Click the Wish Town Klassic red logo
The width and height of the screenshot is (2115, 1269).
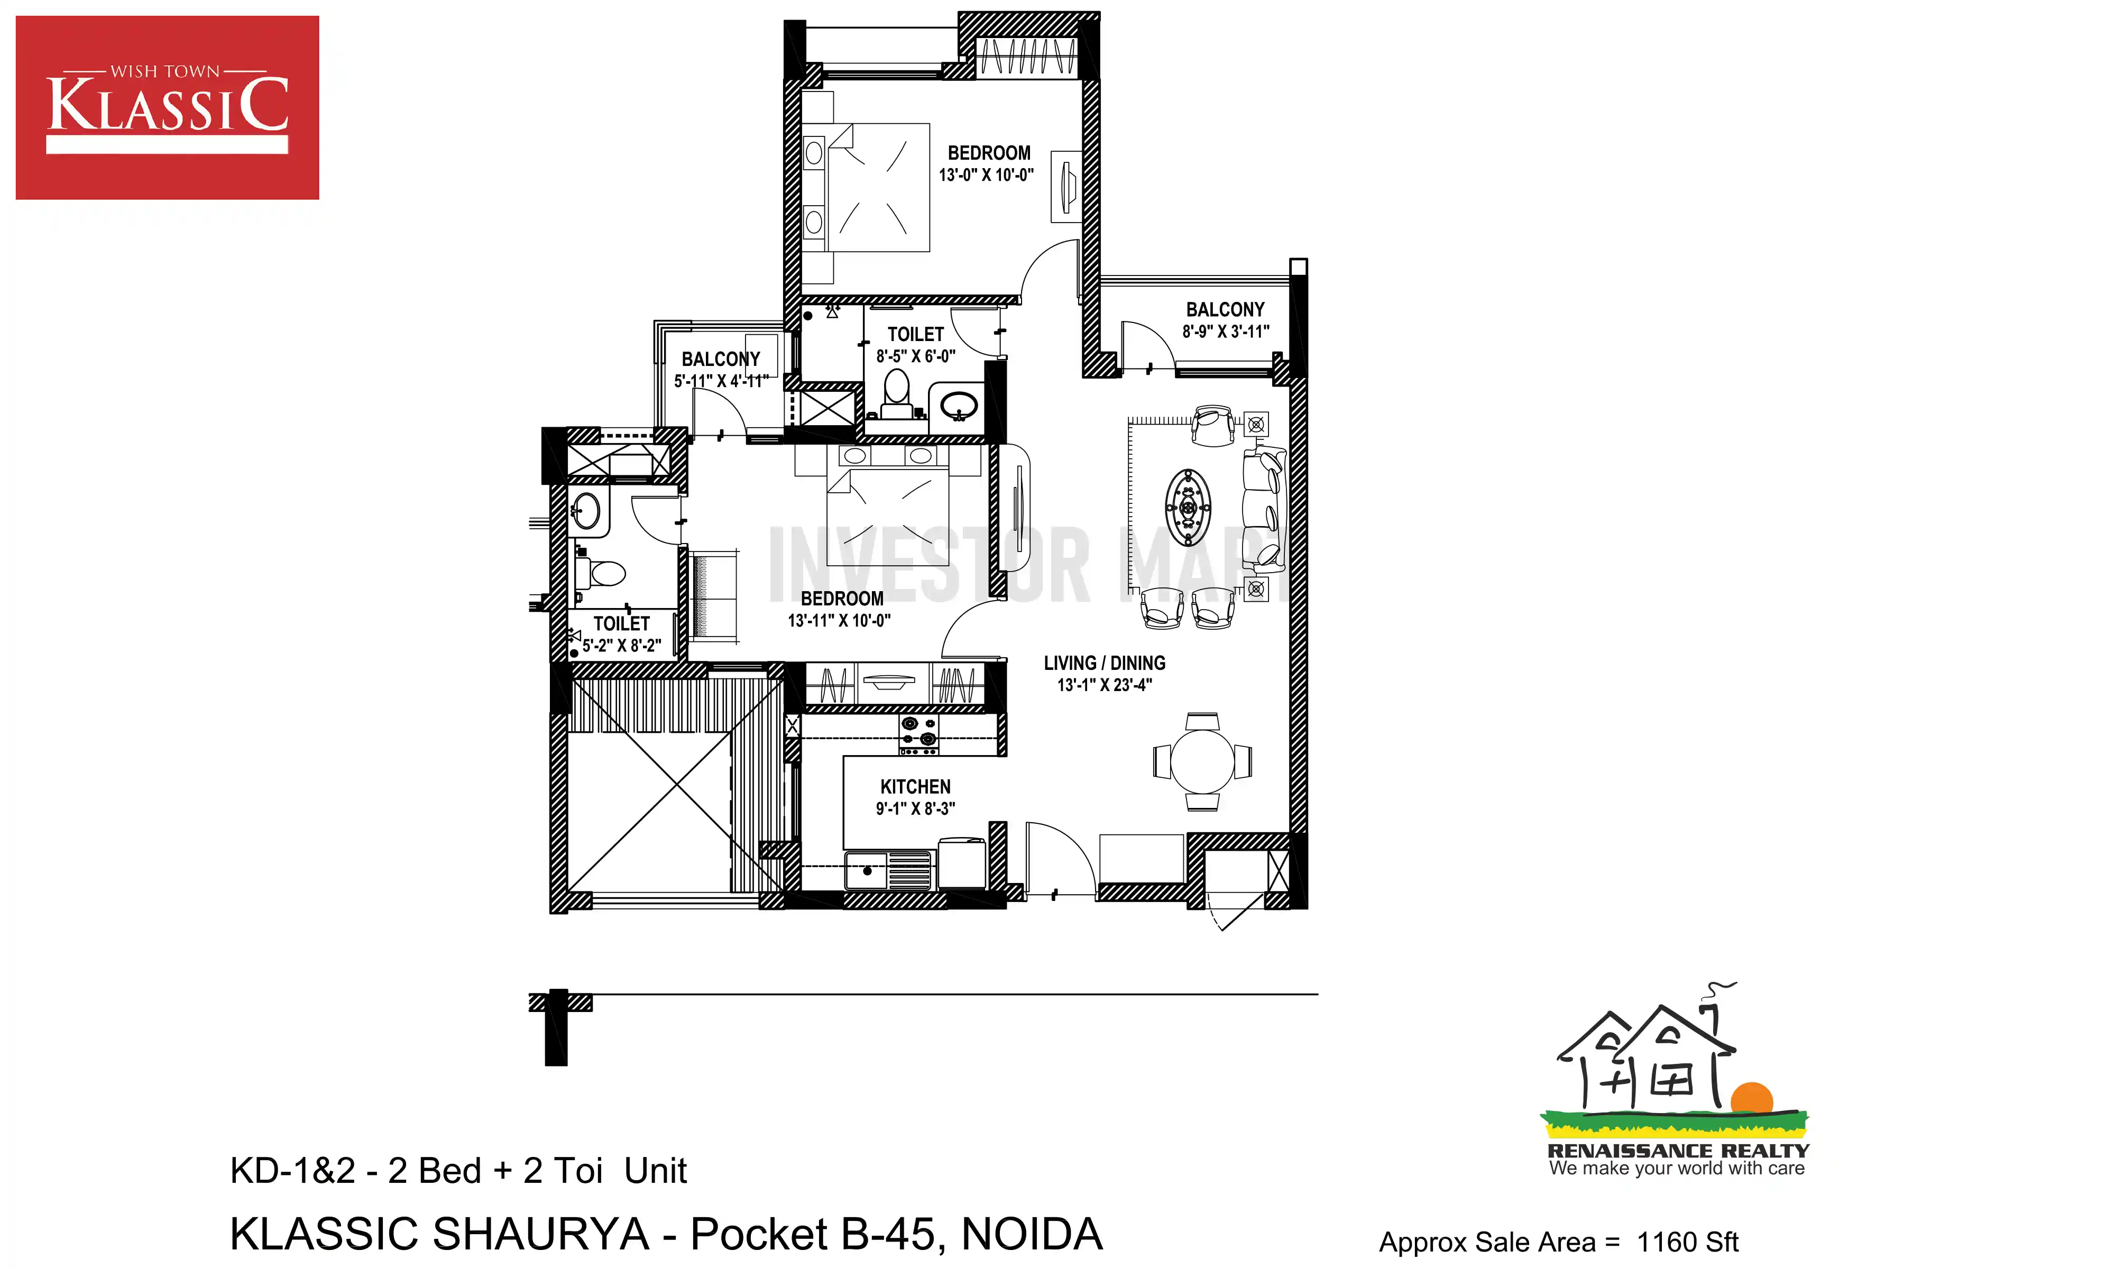pyautogui.click(x=168, y=108)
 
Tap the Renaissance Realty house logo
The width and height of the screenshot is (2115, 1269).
pyautogui.click(x=1676, y=1079)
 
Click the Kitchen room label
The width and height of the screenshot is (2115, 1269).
pyautogui.click(x=916, y=787)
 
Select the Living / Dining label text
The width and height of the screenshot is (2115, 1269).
pyautogui.click(x=1105, y=663)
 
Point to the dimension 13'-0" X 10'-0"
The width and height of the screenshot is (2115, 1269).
pyautogui.click(x=987, y=176)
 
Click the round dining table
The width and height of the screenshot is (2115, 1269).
pyautogui.click(x=1202, y=761)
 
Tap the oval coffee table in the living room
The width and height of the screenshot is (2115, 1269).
pyautogui.click(x=1188, y=507)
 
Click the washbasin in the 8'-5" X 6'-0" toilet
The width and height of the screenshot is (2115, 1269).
pyautogui.click(x=959, y=406)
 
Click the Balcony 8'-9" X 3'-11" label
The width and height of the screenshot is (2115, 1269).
pyautogui.click(x=1225, y=320)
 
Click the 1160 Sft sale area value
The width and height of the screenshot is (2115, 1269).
pyautogui.click(x=1688, y=1242)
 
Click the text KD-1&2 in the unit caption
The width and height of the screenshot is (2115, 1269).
pyautogui.click(x=292, y=1171)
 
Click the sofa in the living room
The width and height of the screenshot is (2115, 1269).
pyautogui.click(x=1264, y=509)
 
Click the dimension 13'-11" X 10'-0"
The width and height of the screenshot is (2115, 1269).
pyautogui.click(x=840, y=621)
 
